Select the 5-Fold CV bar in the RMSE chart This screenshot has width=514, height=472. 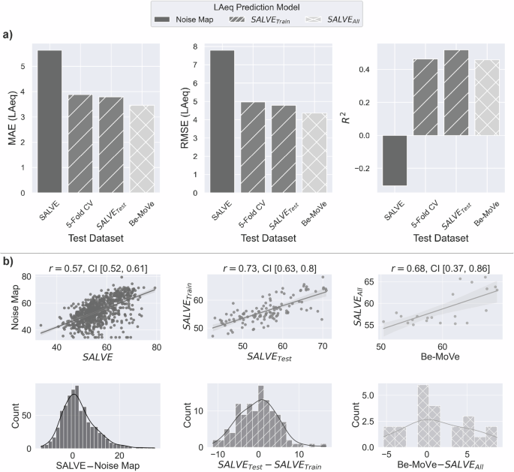pos(253,147)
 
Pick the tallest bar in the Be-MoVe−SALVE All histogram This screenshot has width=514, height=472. pos(423,416)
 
